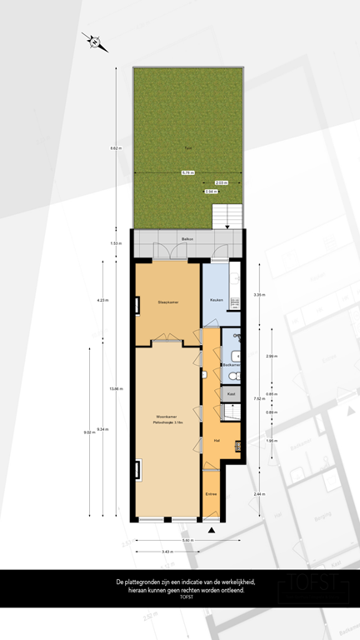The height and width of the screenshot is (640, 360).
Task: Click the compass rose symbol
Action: (x=96, y=41)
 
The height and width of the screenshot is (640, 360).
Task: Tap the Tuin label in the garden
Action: (x=188, y=149)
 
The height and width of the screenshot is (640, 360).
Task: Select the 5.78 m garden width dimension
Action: (x=188, y=172)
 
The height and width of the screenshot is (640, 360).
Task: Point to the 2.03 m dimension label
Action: (x=220, y=182)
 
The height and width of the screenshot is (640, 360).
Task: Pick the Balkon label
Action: (x=188, y=240)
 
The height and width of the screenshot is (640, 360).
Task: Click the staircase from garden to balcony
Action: (x=226, y=217)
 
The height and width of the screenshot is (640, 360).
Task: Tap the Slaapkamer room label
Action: (x=168, y=301)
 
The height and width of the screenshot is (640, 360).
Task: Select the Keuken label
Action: (x=216, y=300)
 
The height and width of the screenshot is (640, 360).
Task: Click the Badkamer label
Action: (x=232, y=365)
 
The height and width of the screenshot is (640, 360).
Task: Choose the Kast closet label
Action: (x=232, y=392)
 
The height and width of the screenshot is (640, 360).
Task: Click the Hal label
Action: (x=217, y=440)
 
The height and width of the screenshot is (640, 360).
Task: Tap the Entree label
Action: (x=212, y=494)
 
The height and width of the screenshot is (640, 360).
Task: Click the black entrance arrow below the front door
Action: (x=212, y=529)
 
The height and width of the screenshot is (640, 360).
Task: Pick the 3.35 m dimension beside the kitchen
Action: (x=259, y=295)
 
